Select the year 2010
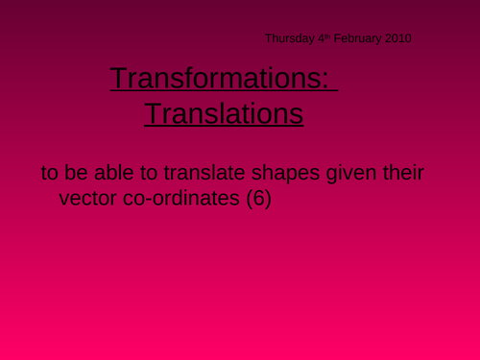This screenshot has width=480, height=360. tap(397, 38)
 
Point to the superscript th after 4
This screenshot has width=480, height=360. tap(327, 36)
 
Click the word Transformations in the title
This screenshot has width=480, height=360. tap(219, 79)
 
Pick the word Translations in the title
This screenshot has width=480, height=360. tap(224, 114)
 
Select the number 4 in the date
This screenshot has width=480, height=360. tap(321, 38)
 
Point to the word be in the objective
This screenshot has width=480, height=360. tap(85, 175)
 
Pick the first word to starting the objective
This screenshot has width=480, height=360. tap(50, 176)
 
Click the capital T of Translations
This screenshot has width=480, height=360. tap(153, 114)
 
